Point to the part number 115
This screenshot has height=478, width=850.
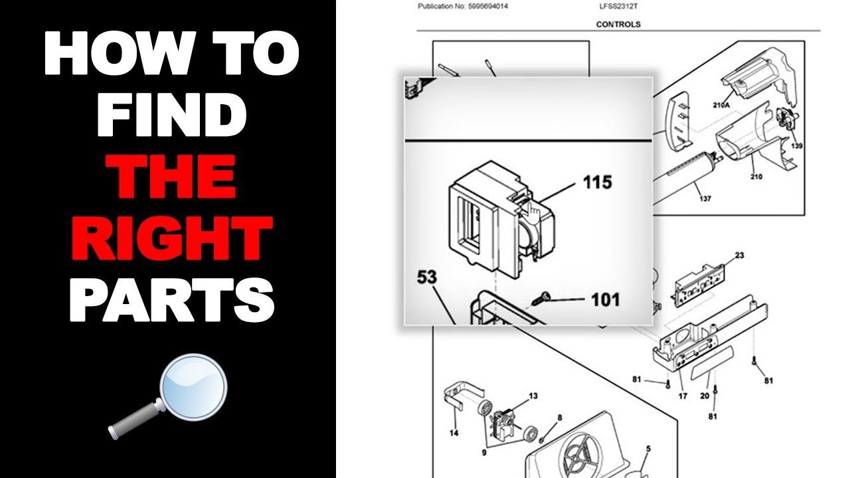pos(597,182)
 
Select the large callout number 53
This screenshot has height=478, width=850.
pos(427,276)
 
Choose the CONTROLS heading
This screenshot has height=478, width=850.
pos(618,25)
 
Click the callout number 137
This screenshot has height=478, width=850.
pos(705,199)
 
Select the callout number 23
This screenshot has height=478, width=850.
pos(739,255)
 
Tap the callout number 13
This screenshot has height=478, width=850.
pos(533,396)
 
